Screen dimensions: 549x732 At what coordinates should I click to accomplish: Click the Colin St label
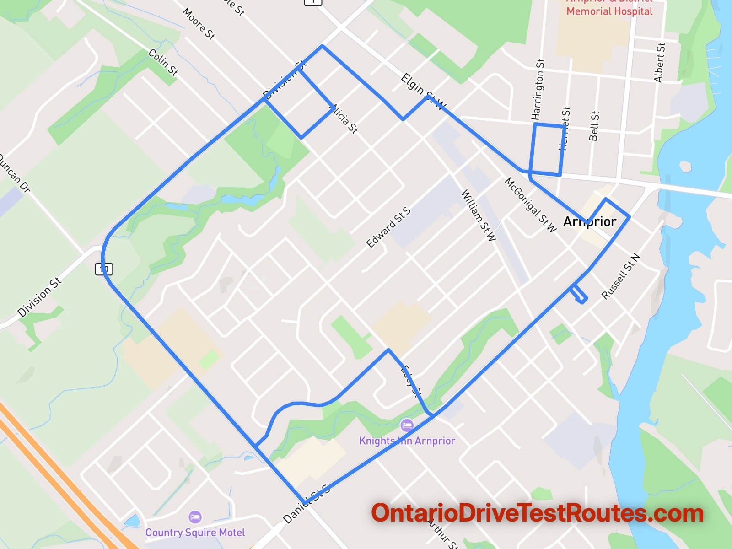pos(163,62)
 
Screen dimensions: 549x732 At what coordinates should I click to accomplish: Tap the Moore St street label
pos(199,23)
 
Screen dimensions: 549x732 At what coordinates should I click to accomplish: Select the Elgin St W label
pos(423,91)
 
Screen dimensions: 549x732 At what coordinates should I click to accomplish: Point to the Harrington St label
pos(538,89)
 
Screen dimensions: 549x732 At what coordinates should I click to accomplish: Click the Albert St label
pos(659,63)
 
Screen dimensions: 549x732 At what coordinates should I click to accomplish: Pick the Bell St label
pos(594,126)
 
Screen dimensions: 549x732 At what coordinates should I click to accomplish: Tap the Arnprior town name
pos(590,221)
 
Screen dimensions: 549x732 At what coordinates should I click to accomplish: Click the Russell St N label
pos(620,276)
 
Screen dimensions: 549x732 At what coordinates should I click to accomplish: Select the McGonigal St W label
pos(530,205)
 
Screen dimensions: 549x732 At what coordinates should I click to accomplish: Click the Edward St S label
pos(388,227)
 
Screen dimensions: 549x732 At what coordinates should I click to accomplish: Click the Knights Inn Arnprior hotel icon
pos(406,425)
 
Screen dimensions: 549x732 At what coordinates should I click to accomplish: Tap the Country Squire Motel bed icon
pos(195,517)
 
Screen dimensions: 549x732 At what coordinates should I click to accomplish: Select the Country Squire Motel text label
pos(195,533)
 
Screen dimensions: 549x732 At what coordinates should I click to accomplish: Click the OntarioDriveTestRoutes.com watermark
pos(537,513)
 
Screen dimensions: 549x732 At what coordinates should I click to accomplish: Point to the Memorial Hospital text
pos(609,11)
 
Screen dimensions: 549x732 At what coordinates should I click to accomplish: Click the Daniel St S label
pos(306,504)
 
